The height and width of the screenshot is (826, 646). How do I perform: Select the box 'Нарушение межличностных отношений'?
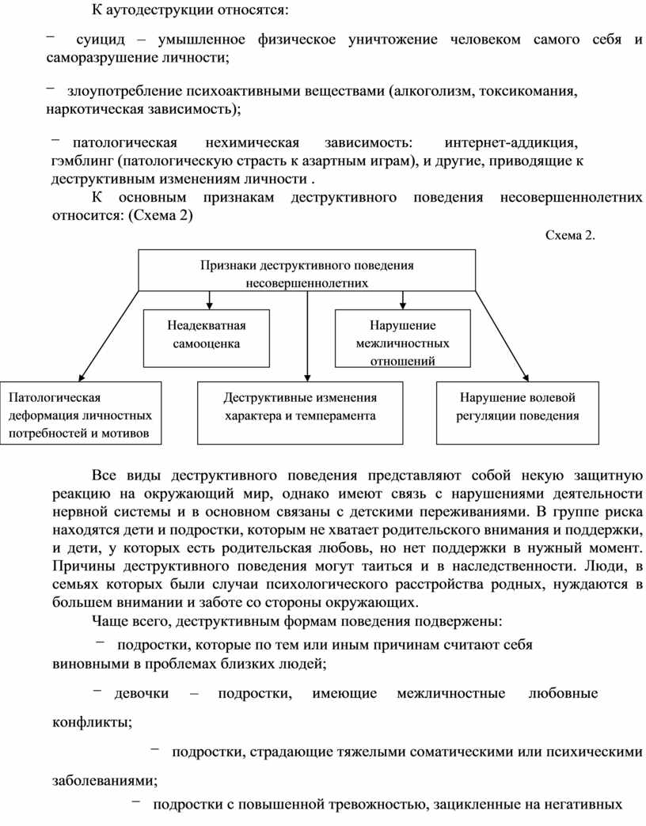pyautogui.click(x=402, y=339)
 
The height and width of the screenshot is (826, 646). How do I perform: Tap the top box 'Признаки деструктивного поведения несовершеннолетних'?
pyautogui.click(x=307, y=271)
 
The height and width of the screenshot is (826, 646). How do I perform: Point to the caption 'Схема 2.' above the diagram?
pyautogui.click(x=570, y=235)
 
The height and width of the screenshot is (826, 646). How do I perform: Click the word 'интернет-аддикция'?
pyautogui.click(x=511, y=142)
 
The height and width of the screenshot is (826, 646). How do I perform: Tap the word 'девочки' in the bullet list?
pyautogui.click(x=142, y=693)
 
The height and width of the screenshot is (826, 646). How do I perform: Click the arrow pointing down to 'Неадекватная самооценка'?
pyautogui.click(x=209, y=300)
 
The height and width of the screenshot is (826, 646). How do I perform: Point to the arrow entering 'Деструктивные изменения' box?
pyautogui.click(x=307, y=372)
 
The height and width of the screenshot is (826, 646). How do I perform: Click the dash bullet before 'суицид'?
pyautogui.click(x=51, y=36)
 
